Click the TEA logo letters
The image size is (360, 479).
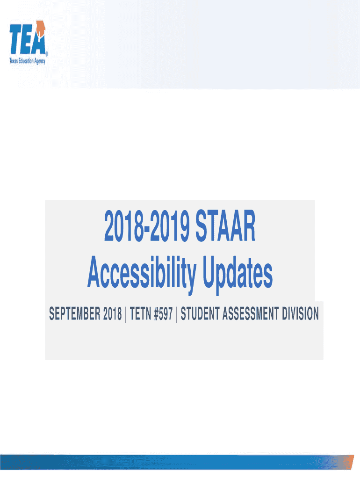[28, 39]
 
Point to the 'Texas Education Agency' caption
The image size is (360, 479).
[27, 61]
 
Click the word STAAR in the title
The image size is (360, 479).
[225, 226]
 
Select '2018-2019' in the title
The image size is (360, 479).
[147, 226]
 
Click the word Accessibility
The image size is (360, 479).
[142, 273]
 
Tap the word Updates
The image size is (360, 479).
[237, 273]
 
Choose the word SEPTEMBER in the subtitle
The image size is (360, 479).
[74, 314]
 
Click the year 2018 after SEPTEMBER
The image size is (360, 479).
[112, 314]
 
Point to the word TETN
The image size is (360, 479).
[140, 314]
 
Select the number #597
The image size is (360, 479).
[163, 314]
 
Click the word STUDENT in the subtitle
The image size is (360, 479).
[200, 314]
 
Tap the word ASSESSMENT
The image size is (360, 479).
[250, 314]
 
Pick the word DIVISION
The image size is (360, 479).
[300, 314]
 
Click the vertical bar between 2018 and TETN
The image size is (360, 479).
[126, 314]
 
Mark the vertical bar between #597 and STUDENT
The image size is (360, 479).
[177, 314]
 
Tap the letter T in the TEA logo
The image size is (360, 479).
[15, 39]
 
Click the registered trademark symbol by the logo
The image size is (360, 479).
[46, 53]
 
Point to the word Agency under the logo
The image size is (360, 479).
[39, 61]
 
